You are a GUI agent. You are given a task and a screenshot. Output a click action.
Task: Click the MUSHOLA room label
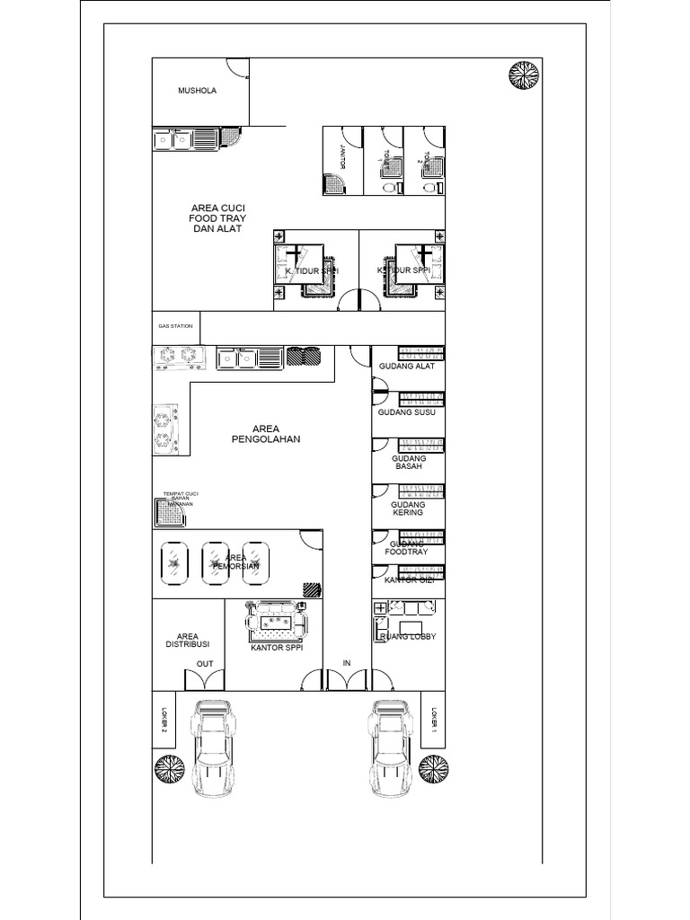197,91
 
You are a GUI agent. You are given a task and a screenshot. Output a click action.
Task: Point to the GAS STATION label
175,326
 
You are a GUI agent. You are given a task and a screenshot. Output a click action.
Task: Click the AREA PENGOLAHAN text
262,434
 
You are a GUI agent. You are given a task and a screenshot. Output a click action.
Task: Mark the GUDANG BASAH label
407,462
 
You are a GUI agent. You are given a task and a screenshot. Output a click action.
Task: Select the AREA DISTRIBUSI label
188,640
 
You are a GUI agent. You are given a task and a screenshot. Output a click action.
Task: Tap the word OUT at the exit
204,665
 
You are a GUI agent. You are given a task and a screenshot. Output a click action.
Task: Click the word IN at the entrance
346,665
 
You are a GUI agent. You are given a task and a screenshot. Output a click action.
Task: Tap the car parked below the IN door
390,746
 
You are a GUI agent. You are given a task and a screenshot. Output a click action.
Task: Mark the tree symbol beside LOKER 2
169,769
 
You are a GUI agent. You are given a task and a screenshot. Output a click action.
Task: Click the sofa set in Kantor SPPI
276,618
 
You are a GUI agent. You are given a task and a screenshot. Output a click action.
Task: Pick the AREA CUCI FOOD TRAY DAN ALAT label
217,218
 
